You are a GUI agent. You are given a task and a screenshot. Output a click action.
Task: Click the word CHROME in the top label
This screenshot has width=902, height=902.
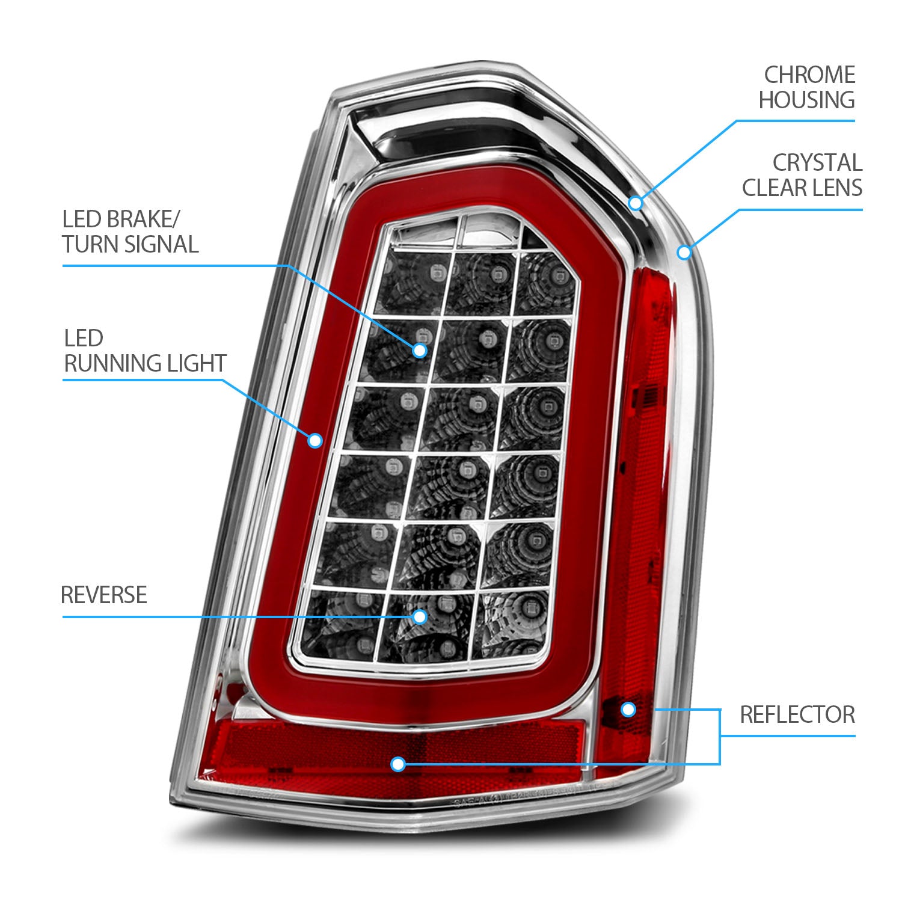pos(809,75)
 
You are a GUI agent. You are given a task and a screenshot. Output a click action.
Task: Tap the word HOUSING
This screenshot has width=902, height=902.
pos(806,100)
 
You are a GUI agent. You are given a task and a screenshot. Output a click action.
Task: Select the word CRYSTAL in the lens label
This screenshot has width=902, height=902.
pos(817,163)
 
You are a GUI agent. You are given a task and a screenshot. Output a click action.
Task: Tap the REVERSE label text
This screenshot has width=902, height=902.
pos(104,595)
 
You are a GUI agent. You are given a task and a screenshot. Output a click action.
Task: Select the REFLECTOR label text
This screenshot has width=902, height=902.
pos(797,715)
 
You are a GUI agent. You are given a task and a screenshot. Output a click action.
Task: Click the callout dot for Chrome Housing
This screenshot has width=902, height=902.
pos(636,203)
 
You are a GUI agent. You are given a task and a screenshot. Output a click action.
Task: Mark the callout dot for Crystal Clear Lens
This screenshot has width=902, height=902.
pos(684,252)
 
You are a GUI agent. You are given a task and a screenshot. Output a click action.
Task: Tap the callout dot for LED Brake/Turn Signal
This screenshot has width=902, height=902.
pos(419,350)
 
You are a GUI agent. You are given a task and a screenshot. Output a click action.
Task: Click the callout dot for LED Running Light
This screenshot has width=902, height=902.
pos(314,441)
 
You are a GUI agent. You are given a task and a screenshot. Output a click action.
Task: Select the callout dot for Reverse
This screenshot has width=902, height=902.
pos(420,616)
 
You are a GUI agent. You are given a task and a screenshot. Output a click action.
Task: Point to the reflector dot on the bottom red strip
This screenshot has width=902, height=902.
pos(397,764)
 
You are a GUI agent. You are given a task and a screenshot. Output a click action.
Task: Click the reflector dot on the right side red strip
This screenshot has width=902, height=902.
pos(628,710)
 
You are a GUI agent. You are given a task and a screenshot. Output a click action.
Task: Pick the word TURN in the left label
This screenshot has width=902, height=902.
pos(90,245)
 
